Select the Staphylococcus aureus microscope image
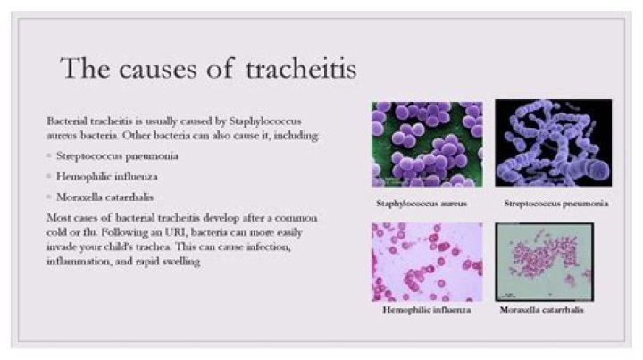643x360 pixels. tap(426, 144)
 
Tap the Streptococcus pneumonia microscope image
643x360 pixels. tap(553, 142)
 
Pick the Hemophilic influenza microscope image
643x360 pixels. tap(426, 262)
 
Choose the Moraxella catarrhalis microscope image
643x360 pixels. tap(544, 262)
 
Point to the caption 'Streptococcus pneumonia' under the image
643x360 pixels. tap(556, 203)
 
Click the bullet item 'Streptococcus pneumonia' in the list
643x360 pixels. tap(104, 155)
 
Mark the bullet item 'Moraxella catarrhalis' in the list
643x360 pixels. tap(98, 197)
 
